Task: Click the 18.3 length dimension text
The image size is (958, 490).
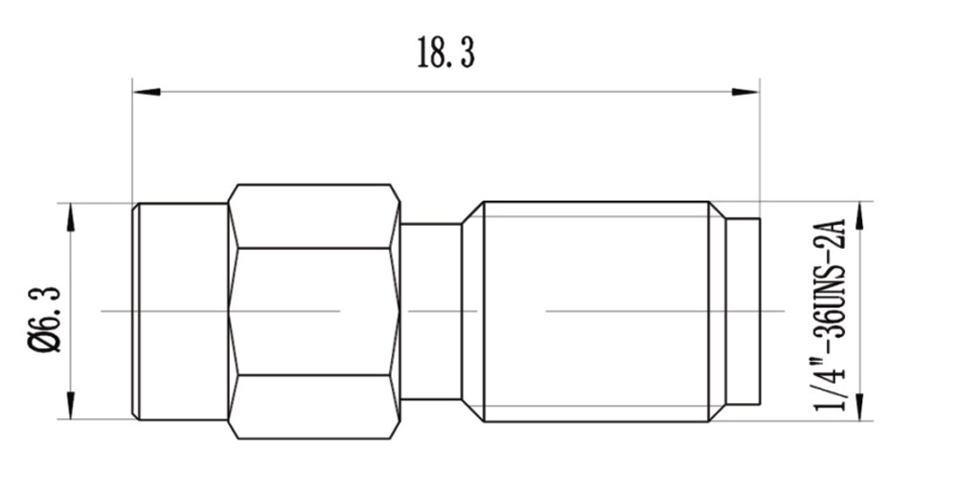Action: point(445,54)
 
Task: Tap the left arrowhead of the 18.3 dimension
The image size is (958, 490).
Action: point(146,92)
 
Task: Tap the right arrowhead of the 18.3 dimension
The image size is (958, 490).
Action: point(745,92)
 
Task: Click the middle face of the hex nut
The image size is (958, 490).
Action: point(314,312)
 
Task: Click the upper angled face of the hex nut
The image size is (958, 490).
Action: point(314,217)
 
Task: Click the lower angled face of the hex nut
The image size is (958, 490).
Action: point(314,406)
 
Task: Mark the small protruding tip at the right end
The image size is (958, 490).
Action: point(744,312)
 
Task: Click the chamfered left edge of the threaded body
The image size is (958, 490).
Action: point(473,312)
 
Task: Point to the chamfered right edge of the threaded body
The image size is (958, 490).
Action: point(718,312)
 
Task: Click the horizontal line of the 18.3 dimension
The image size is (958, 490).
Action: point(445,92)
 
